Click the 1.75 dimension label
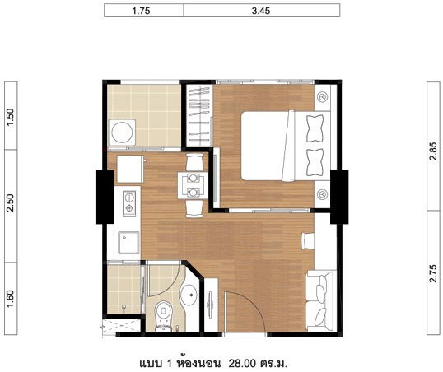141,11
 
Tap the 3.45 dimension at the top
261,11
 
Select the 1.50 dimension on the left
10,117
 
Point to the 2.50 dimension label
10,202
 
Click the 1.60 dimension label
10,299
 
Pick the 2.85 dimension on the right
433,151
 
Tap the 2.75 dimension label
433,273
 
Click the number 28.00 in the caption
242,363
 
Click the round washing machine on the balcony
122,133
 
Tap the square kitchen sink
128,243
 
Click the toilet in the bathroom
163,316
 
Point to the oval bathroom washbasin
189,295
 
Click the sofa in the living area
321,301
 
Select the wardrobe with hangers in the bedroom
199,116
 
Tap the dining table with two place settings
193,185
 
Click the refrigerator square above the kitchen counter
130,170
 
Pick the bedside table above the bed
322,97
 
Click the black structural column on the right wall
339,197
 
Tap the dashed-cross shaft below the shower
122,326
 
